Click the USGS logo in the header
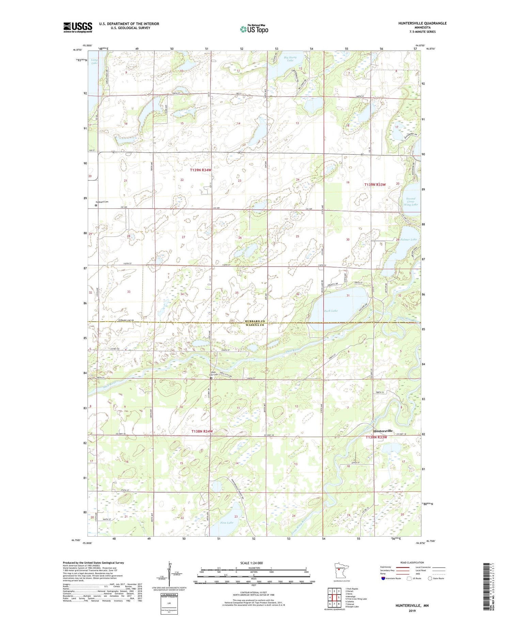[78, 27]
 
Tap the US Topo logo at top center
[254, 29]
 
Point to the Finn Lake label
[227, 523]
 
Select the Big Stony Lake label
[290, 59]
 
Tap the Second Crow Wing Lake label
[411, 201]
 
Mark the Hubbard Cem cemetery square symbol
[96, 206]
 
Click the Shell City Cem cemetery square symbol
[211, 378]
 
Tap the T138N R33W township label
[376, 437]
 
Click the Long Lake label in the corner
[94, 61]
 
